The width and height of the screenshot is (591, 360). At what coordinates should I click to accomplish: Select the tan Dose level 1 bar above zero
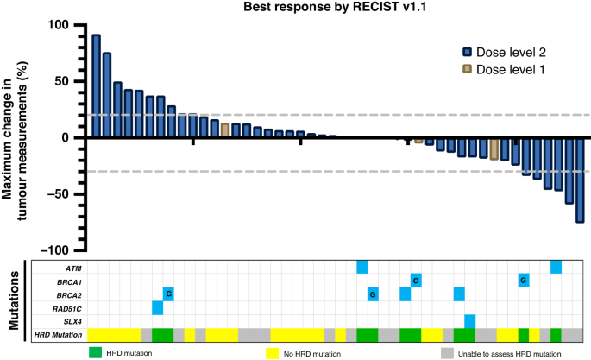tap(225, 130)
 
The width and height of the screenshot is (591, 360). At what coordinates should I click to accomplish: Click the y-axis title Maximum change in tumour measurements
tap(21, 138)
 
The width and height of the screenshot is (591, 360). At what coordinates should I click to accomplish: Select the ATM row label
tap(70, 268)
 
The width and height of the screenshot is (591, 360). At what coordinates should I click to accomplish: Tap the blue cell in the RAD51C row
tap(157, 307)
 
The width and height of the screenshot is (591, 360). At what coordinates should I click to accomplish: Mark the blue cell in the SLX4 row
tap(469, 320)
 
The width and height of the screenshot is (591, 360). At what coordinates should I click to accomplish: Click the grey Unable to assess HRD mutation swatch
tap(446, 352)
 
